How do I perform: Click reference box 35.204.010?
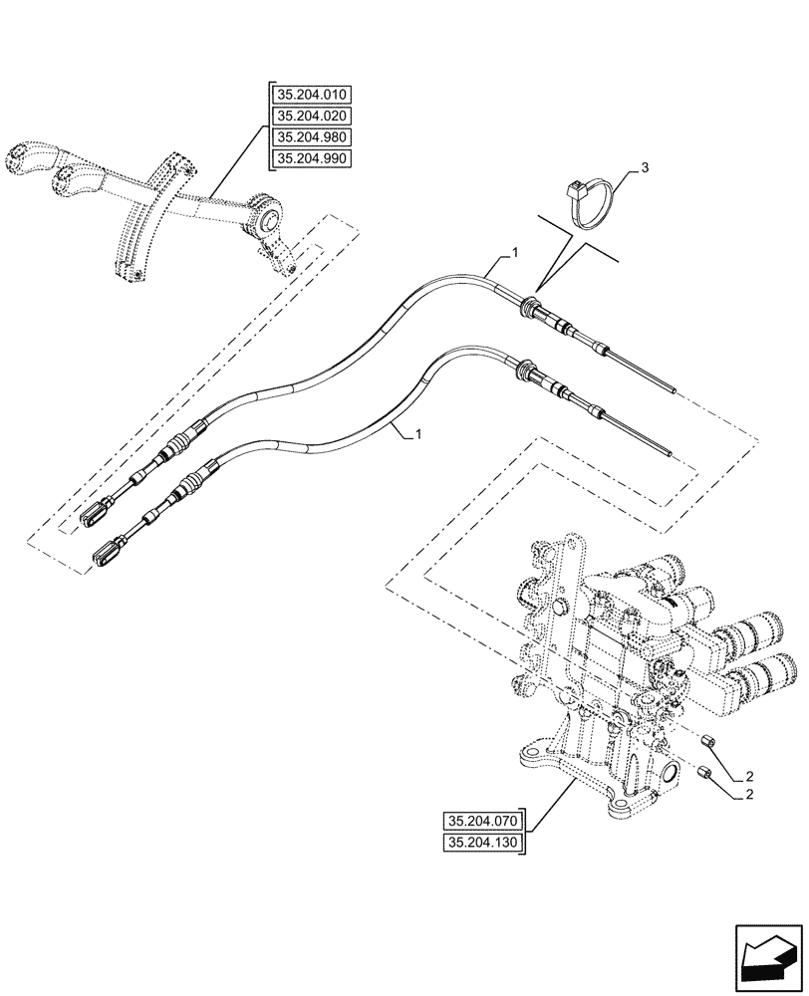pos(315,97)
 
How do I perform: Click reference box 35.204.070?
pos(483,823)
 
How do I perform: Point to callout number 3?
pos(645,168)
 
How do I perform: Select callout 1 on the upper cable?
pos(514,256)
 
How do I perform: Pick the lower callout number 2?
pos(748,795)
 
